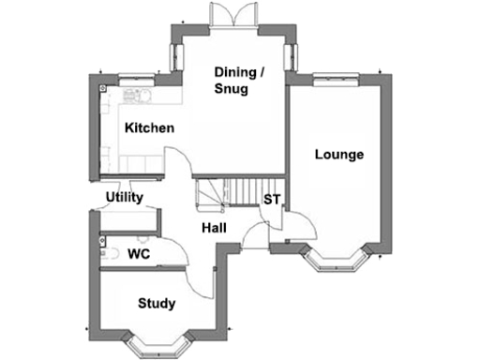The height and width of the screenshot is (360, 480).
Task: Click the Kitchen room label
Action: coord(150,127)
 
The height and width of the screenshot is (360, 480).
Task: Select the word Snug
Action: coord(231,89)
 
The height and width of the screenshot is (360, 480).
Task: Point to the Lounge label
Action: coord(338,155)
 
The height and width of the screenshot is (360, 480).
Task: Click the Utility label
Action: coord(124,198)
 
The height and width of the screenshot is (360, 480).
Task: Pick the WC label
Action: coord(139,254)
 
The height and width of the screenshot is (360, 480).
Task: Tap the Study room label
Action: coord(157,304)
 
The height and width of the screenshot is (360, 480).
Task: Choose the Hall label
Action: coord(214,228)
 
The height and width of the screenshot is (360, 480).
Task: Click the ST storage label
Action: coord(272,200)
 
